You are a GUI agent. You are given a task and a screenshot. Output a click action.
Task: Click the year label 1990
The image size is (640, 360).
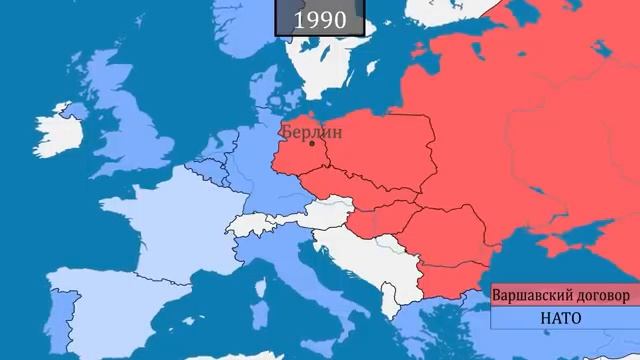[x=320, y=19]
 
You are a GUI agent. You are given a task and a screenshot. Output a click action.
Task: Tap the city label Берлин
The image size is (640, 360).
[x=311, y=131]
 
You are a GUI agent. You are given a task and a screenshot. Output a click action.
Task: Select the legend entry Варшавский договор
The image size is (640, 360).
[x=560, y=296]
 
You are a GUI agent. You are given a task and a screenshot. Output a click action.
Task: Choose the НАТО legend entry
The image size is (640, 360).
[x=560, y=318]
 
